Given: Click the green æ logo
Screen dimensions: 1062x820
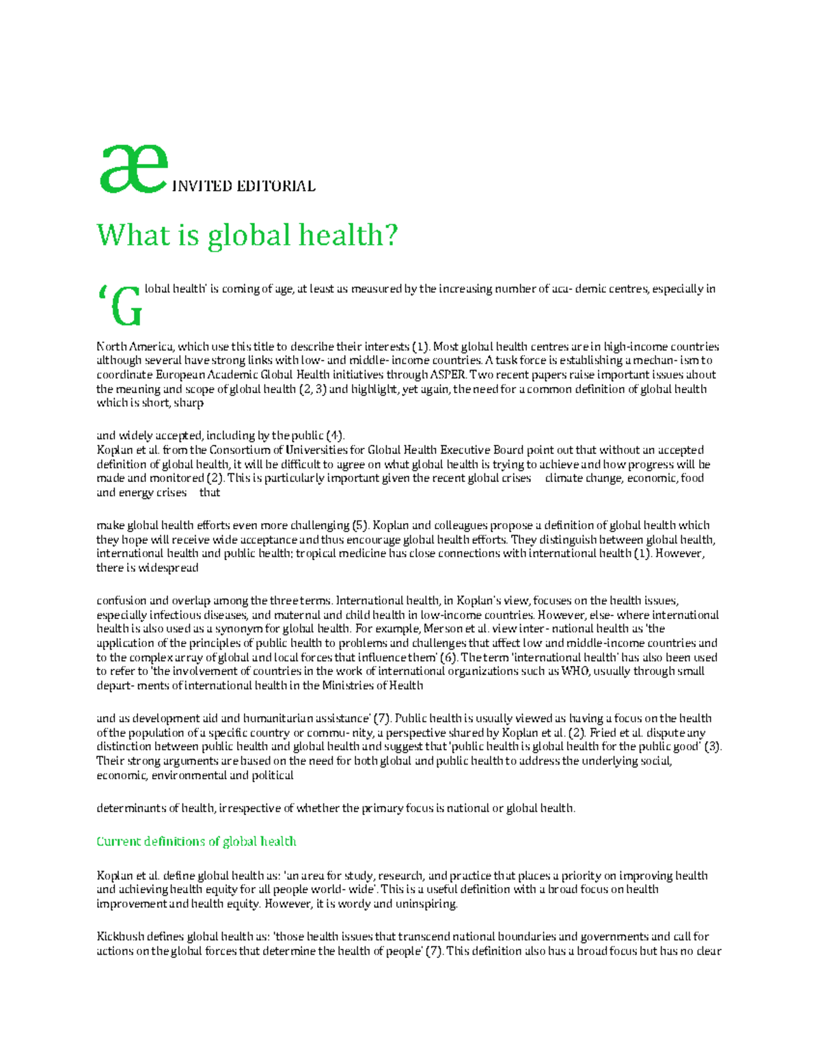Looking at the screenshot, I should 133,170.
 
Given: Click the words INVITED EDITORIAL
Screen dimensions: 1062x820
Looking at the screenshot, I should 243,186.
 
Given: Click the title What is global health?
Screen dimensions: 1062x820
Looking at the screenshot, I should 247,235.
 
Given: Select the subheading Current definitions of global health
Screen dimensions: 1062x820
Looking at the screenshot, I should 196,841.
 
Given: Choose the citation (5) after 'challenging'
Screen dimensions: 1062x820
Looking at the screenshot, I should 360,525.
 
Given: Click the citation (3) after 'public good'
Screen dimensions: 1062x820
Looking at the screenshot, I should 713,747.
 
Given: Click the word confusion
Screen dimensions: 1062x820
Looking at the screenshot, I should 121,600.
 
